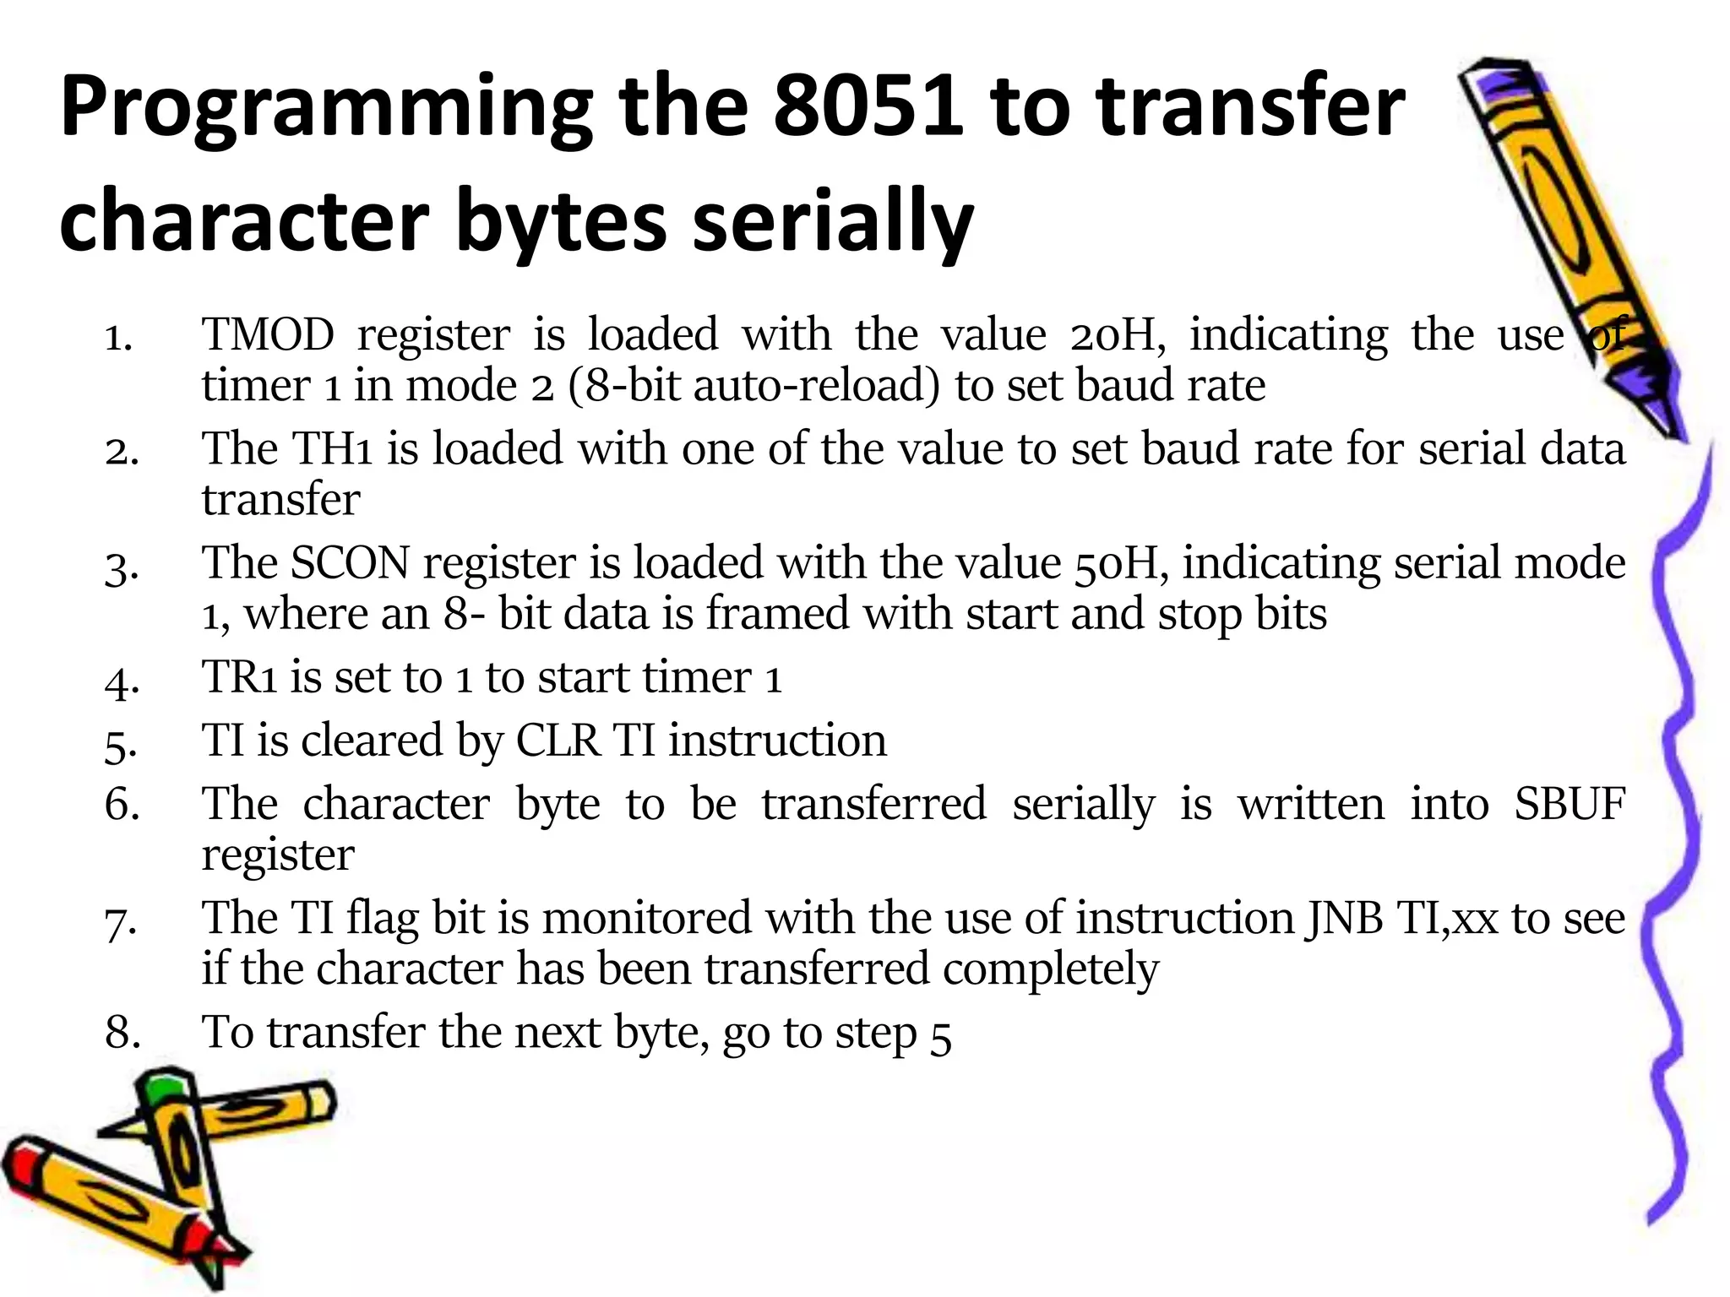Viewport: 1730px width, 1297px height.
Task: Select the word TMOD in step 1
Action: pyautogui.click(x=268, y=334)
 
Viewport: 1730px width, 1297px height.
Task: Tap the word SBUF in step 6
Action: pyautogui.click(x=1569, y=804)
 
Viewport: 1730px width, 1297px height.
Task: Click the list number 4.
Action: pyautogui.click(x=122, y=680)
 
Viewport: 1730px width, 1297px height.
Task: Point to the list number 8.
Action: pyautogui.click(x=122, y=1033)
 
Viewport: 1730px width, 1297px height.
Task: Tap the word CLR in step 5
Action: pyautogui.click(x=558, y=741)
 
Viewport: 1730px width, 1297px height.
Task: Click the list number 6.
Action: pyautogui.click(x=122, y=804)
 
